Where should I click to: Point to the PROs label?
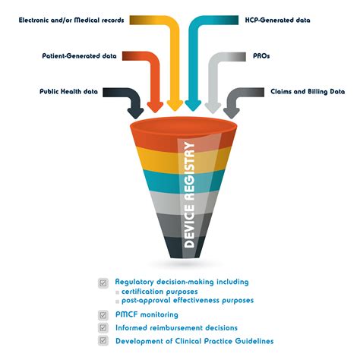pyautogui.click(x=261, y=55)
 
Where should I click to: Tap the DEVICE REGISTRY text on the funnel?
pyautogui.click(x=190, y=194)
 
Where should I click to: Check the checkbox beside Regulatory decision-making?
pyautogui.click(x=103, y=282)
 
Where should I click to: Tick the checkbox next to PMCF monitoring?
pyautogui.click(x=103, y=314)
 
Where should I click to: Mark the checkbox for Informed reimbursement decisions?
pyautogui.click(x=103, y=327)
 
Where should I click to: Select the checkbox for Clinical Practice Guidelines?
pyautogui.click(x=103, y=341)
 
